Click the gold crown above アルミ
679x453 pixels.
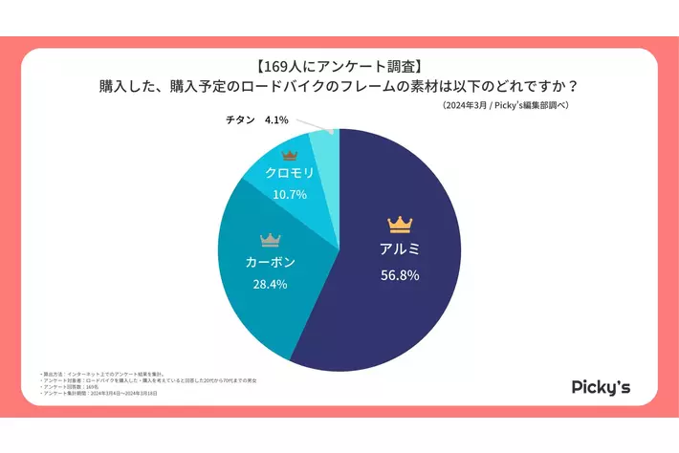tap(399, 225)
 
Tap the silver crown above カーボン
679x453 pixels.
tap(272, 238)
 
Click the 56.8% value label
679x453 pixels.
tap(399, 275)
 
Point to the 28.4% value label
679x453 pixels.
tap(271, 284)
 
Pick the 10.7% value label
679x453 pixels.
tap(291, 194)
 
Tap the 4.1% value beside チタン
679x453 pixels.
tap(275, 121)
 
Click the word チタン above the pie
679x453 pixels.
tap(239, 121)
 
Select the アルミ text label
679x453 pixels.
tap(399, 249)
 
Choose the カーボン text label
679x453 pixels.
tap(271, 262)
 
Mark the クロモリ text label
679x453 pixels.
tap(291, 174)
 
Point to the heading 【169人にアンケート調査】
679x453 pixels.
tap(339, 68)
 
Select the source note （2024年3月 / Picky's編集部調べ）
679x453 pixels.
tap(506, 106)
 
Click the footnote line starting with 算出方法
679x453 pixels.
tap(92, 372)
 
